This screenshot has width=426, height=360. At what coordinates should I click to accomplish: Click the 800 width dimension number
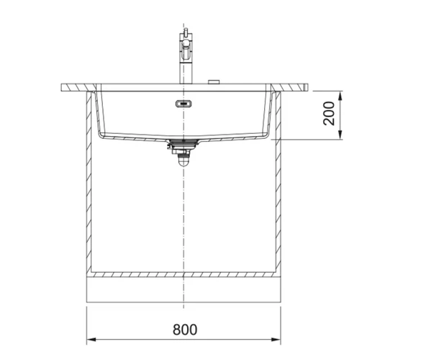click(185, 329)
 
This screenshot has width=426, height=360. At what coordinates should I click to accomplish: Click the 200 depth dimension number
click(329, 113)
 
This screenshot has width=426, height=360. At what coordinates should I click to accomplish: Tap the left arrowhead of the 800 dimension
click(91, 339)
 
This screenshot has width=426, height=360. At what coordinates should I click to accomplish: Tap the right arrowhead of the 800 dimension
click(276, 339)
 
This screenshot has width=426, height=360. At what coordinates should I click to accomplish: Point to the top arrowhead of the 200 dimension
click(340, 96)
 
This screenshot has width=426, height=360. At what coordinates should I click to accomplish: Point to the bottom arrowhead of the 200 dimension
click(340, 135)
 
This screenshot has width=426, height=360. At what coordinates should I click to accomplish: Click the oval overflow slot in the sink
click(184, 104)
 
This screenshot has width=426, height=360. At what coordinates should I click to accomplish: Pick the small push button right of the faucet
click(214, 82)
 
